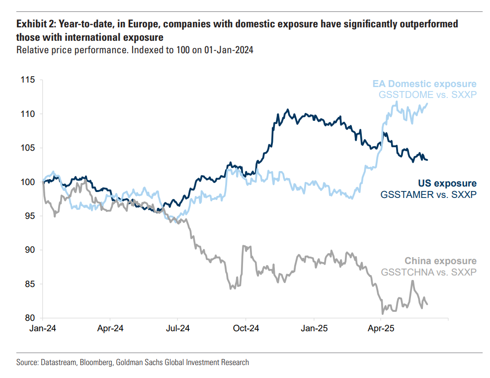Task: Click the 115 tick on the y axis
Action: tap(27, 80)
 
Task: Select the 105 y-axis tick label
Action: tap(27, 148)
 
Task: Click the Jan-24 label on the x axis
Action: tap(42, 329)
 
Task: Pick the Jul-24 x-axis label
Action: tap(177, 329)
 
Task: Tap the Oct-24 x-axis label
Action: tap(246, 329)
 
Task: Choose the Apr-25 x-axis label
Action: tap(381, 329)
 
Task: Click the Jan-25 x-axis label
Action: tap(314, 329)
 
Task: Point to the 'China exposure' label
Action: tap(440, 261)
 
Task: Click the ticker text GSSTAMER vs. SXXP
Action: tap(428, 194)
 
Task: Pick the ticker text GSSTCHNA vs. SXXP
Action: tap(429, 272)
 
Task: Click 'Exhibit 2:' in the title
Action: tap(37, 24)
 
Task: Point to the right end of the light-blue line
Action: tap(428, 103)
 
